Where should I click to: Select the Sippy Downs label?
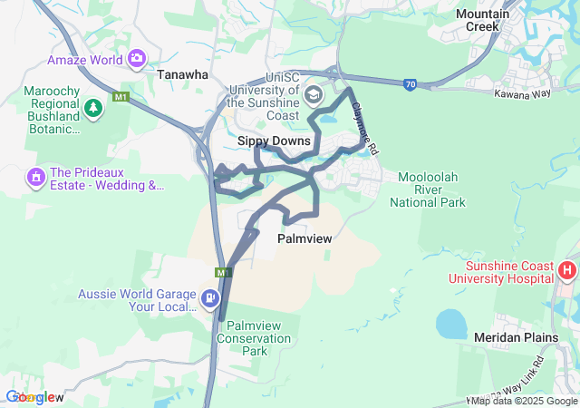(274, 141)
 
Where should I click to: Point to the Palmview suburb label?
(303, 238)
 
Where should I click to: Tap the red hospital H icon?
(567, 269)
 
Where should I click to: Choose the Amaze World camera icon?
(137, 60)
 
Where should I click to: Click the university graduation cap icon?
(313, 94)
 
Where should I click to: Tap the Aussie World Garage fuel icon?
(210, 297)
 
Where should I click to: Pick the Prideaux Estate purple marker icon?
(37, 175)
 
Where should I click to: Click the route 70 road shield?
(411, 84)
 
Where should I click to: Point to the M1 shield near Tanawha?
(121, 96)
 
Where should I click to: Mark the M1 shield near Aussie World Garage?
(223, 272)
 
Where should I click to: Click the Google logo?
(34, 397)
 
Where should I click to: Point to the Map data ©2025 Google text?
(525, 401)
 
